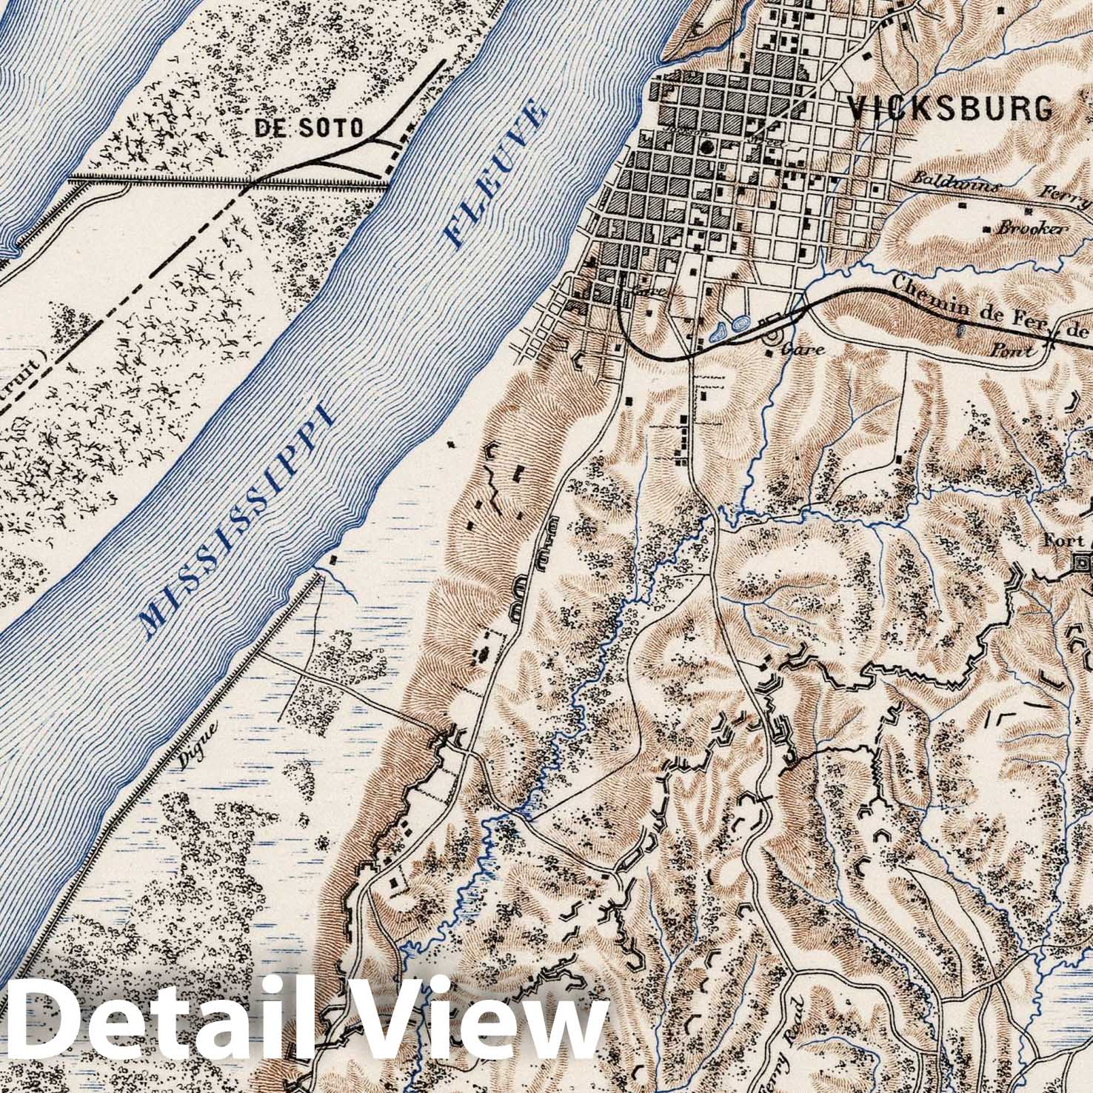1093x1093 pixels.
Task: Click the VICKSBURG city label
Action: (950, 109)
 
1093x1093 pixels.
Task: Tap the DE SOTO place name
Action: (310, 128)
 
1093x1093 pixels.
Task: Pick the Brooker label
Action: (1032, 229)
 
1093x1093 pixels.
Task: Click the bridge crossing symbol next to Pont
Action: (1051, 341)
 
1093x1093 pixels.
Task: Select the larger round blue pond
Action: (739, 323)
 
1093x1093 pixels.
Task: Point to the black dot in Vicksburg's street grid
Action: (709, 147)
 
